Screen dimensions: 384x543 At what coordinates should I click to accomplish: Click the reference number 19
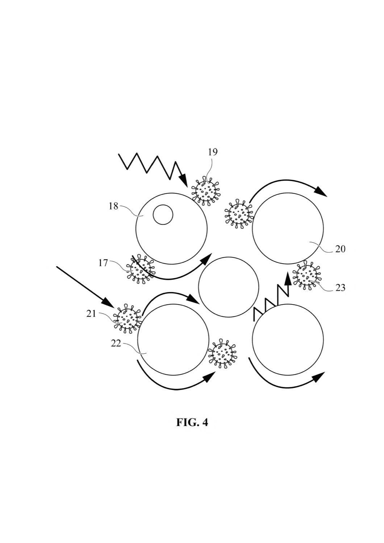[213, 152]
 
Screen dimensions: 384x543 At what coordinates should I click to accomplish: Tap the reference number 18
[113, 207]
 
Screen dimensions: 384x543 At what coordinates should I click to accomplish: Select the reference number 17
[103, 263]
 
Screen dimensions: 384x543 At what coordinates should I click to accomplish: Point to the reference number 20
[340, 249]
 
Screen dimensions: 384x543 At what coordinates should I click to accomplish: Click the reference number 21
[91, 314]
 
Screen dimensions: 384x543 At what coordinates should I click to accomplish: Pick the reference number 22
[116, 344]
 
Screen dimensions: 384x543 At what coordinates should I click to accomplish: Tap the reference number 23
[340, 288]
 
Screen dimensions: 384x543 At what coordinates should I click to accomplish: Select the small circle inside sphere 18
[163, 215]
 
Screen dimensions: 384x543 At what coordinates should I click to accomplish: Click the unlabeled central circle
[229, 287]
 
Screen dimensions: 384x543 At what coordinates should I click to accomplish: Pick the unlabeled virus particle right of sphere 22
[222, 354]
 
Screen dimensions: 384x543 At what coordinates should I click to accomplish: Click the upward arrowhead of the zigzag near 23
[288, 279]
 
